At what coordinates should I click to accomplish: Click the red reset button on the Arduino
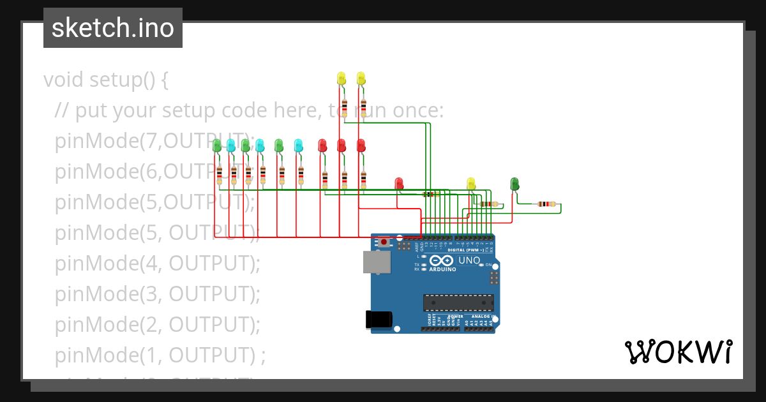384,242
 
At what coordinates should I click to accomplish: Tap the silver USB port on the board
376,262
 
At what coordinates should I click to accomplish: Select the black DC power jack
377,319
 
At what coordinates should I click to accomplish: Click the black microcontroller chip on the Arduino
458,302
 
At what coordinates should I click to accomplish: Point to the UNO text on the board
469,260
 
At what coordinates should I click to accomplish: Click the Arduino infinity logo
442,260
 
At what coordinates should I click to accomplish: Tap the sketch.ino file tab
113,28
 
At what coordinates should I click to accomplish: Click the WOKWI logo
678,352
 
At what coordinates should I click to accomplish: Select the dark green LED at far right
514,184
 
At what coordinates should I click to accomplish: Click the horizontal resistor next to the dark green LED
546,204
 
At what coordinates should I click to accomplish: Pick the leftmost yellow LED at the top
342,78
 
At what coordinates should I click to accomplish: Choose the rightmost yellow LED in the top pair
361,78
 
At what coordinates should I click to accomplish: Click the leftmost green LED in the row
217,145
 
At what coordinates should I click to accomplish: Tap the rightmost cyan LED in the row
298,145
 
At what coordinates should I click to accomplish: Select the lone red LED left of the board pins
399,184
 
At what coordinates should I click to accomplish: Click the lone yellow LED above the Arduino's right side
471,184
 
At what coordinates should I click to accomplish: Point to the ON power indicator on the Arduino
489,265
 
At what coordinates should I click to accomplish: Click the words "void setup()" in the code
106,80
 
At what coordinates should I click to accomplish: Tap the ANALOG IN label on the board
484,316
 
